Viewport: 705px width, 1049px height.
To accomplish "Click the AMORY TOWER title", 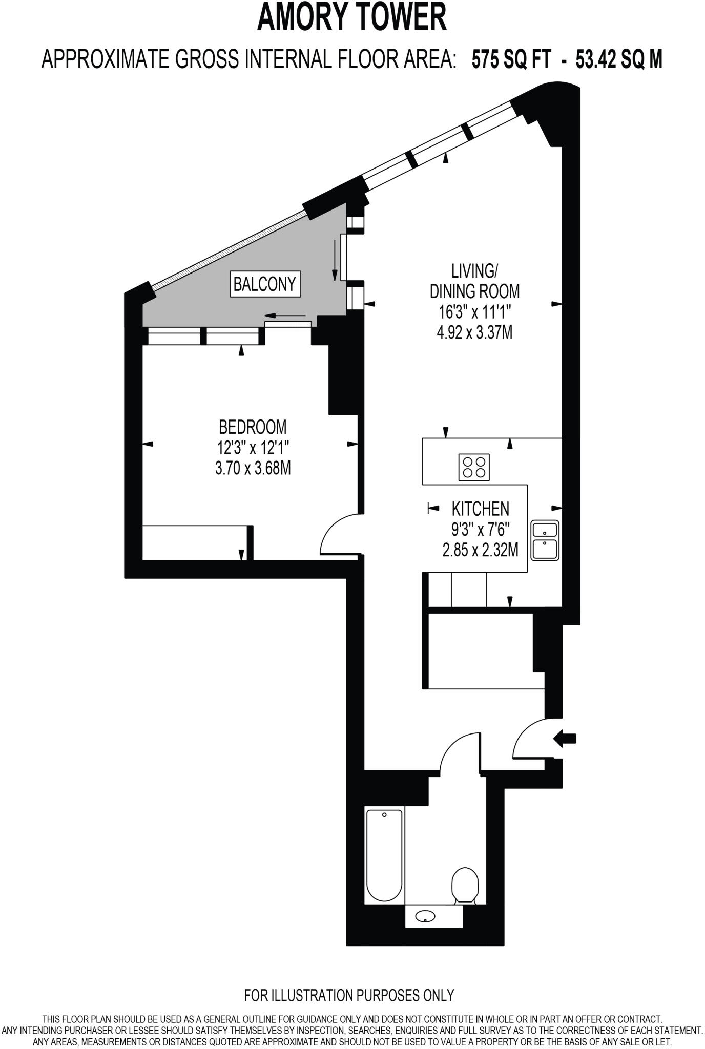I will tap(351, 17).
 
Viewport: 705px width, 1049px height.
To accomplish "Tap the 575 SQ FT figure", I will tap(511, 59).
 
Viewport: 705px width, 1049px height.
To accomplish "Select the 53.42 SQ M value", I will tap(619, 59).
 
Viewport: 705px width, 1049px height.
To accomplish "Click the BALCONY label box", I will tap(264, 283).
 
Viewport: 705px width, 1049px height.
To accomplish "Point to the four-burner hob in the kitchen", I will tap(474, 467).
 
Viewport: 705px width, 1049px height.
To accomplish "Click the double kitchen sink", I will tap(545, 540).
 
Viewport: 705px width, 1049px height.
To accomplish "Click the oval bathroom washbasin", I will tap(425, 916).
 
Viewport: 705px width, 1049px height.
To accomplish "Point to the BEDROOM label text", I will tap(253, 426).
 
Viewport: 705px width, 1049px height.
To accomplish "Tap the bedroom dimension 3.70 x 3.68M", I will tap(253, 468).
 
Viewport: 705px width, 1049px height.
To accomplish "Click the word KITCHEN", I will tap(480, 509).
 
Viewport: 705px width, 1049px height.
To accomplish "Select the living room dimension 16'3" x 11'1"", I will tap(474, 312).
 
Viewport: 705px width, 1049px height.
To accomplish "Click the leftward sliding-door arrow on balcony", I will tap(285, 316).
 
